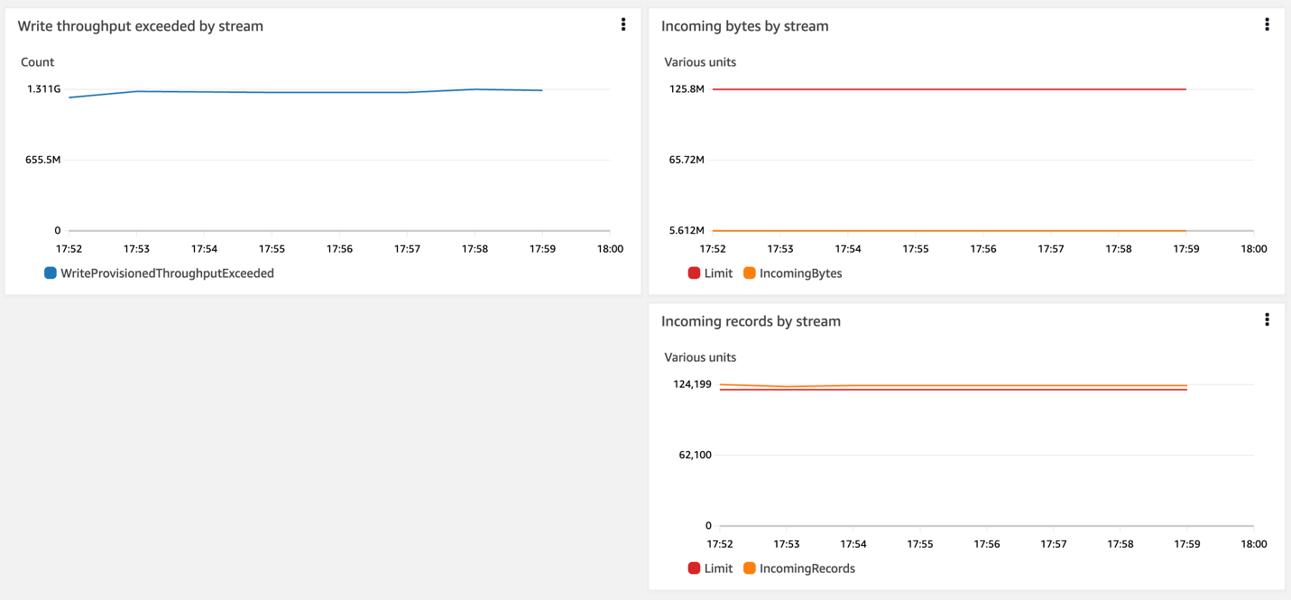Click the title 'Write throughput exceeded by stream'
click(x=141, y=26)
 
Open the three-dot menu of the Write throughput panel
click(x=622, y=25)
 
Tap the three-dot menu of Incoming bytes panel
click(x=1267, y=25)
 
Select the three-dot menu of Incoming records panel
click(x=1267, y=320)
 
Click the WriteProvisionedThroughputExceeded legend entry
click(x=160, y=273)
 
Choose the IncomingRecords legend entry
click(x=798, y=568)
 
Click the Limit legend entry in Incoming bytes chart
click(x=710, y=273)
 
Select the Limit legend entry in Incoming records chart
click(x=710, y=568)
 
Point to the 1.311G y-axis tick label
click(x=43, y=89)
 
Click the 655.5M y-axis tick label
click(x=42, y=160)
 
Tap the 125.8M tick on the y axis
click(x=687, y=89)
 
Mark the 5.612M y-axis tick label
click(x=687, y=231)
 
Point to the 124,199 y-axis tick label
click(x=692, y=384)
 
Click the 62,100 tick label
click(x=695, y=455)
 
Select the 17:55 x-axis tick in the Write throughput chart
click(x=272, y=249)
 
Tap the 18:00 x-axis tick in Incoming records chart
click(x=1253, y=544)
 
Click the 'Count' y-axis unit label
click(x=37, y=62)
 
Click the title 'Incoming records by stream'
click(x=751, y=321)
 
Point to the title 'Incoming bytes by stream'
click(x=744, y=26)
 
